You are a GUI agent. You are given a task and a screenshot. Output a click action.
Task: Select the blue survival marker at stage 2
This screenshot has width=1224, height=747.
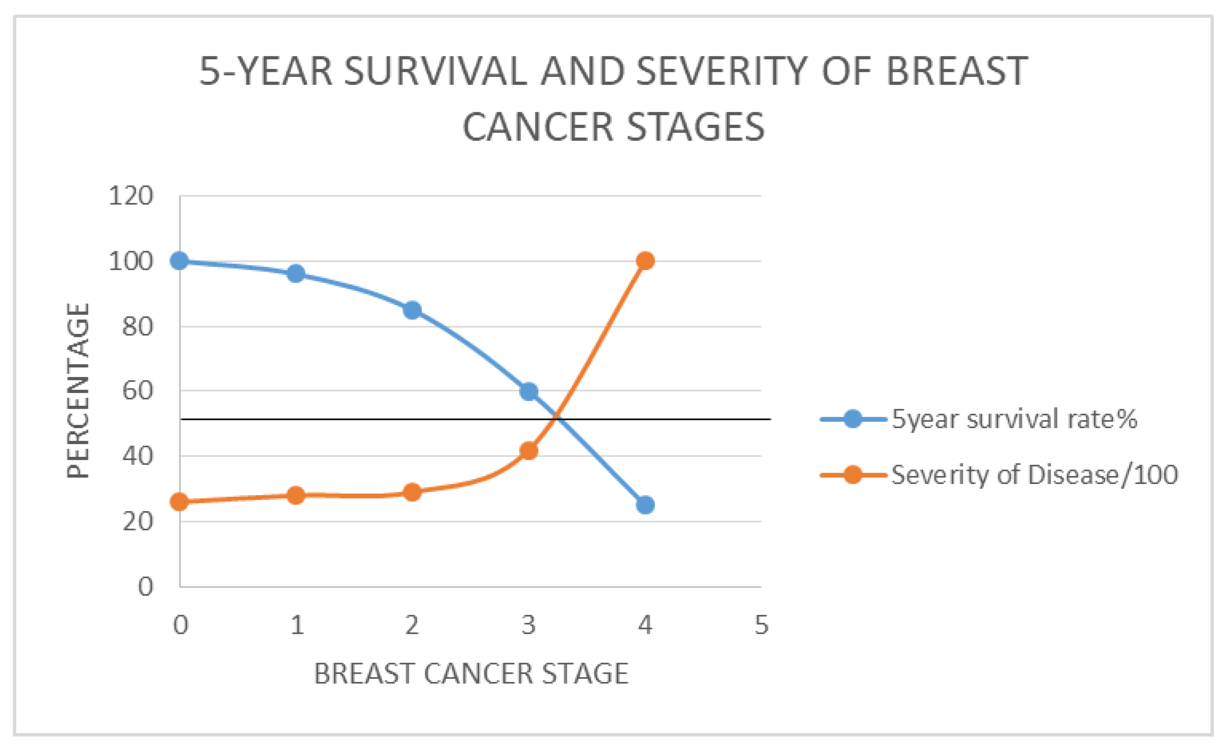click(x=412, y=310)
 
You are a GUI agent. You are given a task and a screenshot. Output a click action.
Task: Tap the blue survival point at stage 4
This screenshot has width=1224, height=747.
click(x=645, y=505)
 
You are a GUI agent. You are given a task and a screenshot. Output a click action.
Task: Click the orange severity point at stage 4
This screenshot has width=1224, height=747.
click(x=645, y=261)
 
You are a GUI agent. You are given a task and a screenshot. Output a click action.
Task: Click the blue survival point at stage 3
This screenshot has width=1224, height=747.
click(x=528, y=391)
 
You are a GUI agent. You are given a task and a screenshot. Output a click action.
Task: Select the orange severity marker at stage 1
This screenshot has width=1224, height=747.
click(x=296, y=495)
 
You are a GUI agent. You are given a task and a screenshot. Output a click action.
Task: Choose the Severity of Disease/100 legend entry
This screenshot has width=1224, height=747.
click(x=999, y=475)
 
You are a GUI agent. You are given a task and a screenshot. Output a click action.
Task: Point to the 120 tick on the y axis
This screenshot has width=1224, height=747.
click(x=131, y=196)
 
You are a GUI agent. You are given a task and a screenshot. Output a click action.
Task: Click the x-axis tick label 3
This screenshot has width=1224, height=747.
click(x=528, y=625)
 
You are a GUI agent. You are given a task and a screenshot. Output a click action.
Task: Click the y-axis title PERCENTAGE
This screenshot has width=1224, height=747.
click(x=78, y=391)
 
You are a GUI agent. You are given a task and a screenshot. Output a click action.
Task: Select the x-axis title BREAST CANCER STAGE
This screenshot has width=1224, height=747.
click(x=471, y=674)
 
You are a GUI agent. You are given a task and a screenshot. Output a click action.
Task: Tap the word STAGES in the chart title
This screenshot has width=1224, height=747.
click(x=696, y=127)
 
